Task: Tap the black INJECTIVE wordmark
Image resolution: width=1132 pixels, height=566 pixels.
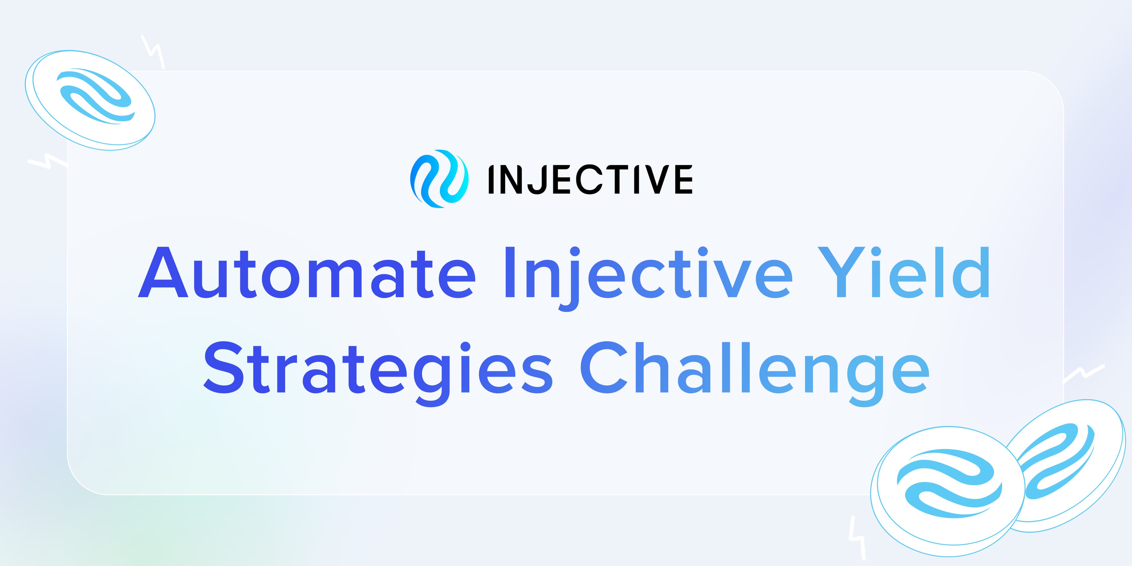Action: [x=590, y=179]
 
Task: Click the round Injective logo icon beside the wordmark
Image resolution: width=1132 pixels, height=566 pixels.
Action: [x=439, y=179]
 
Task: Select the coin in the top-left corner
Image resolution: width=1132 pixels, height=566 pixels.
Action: [x=90, y=100]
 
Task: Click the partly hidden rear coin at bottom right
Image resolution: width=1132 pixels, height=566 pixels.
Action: [x=1072, y=457]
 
